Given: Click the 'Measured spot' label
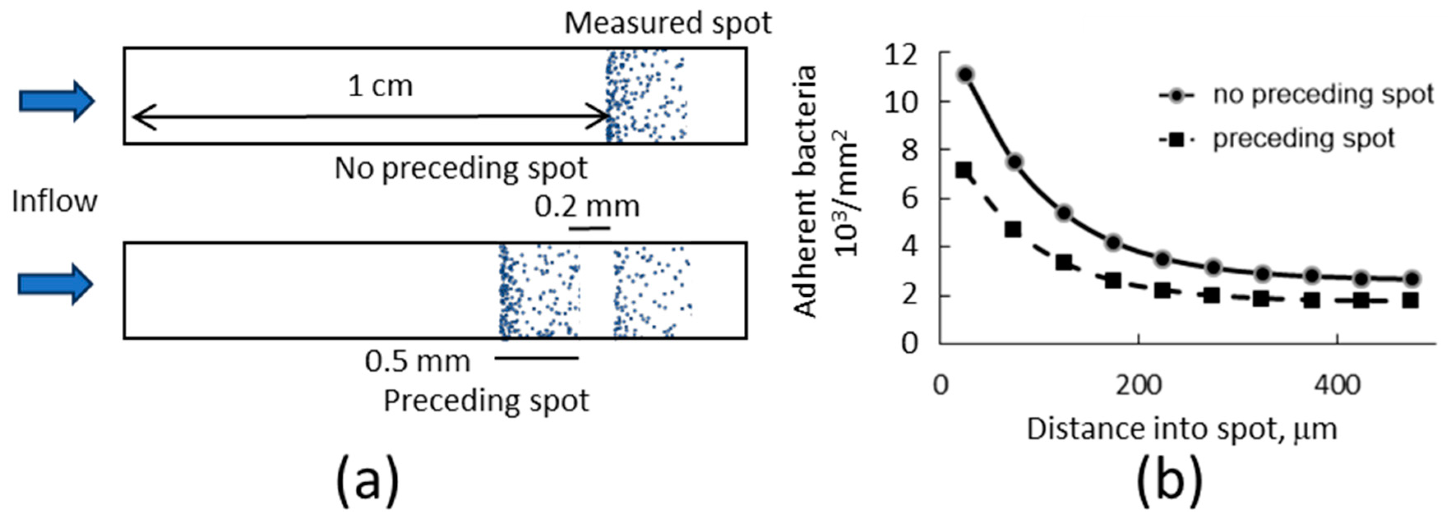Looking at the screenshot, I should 668,23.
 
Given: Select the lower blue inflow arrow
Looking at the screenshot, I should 55,284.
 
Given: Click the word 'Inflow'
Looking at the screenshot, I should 55,201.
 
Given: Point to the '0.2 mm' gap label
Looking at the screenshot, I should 587,207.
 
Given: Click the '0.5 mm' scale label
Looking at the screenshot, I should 418,361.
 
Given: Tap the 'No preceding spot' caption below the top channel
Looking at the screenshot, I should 461,167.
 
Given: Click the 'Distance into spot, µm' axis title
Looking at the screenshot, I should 1182,429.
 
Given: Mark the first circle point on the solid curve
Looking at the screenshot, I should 966,74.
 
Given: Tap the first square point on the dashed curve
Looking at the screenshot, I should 963,170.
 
